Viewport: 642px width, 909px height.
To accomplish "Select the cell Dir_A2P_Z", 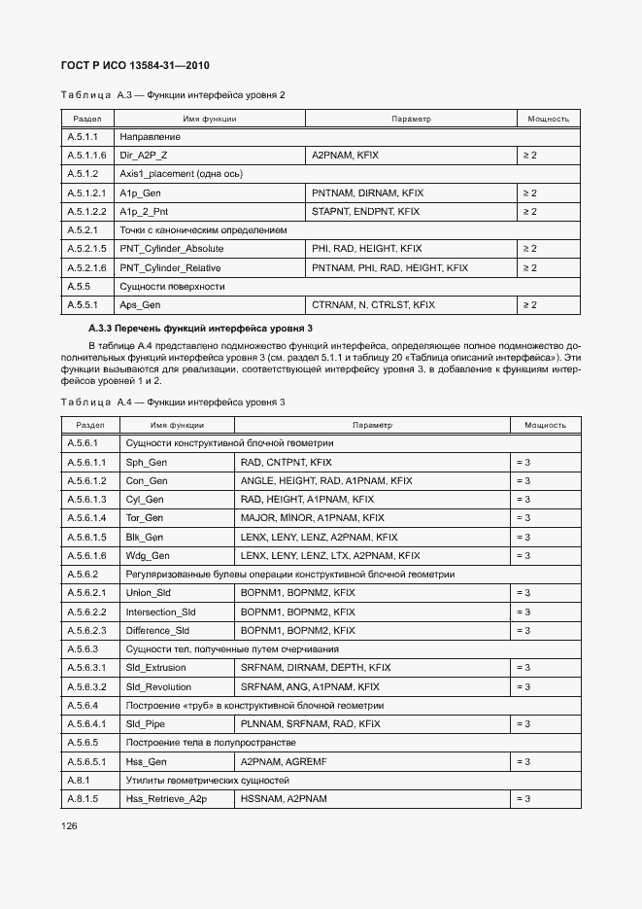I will pyautogui.click(x=143, y=156).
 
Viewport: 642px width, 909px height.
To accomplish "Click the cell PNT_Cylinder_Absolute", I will pyautogui.click(x=171, y=249).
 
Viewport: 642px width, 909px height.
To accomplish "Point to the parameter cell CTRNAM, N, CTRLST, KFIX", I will pyautogui.click(x=373, y=305).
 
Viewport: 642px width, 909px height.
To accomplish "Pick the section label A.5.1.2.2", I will pyautogui.click(x=85, y=211).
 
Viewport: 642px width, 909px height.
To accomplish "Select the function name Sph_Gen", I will pyautogui.click(x=146, y=462).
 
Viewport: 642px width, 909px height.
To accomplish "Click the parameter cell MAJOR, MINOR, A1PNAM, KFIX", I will pyautogui.click(x=312, y=518).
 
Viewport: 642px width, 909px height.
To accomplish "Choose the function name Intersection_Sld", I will pyautogui.click(x=160, y=612).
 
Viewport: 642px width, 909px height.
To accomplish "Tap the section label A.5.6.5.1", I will pyautogui.click(x=85, y=761).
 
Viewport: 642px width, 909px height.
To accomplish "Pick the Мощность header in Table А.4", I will pyautogui.click(x=545, y=425).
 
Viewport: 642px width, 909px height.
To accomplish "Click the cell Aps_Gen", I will pyautogui.click(x=140, y=305).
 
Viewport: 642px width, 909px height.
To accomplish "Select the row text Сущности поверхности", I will pyautogui.click(x=172, y=287).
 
